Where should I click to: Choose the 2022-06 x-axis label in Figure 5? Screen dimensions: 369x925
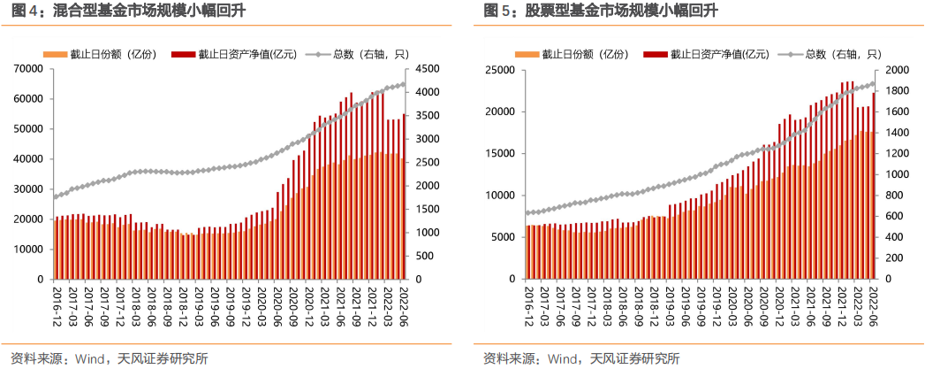pyautogui.click(x=871, y=301)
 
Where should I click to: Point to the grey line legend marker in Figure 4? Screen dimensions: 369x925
pyautogui.click(x=321, y=54)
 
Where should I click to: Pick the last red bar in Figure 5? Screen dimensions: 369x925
pyautogui.click(x=874, y=186)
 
